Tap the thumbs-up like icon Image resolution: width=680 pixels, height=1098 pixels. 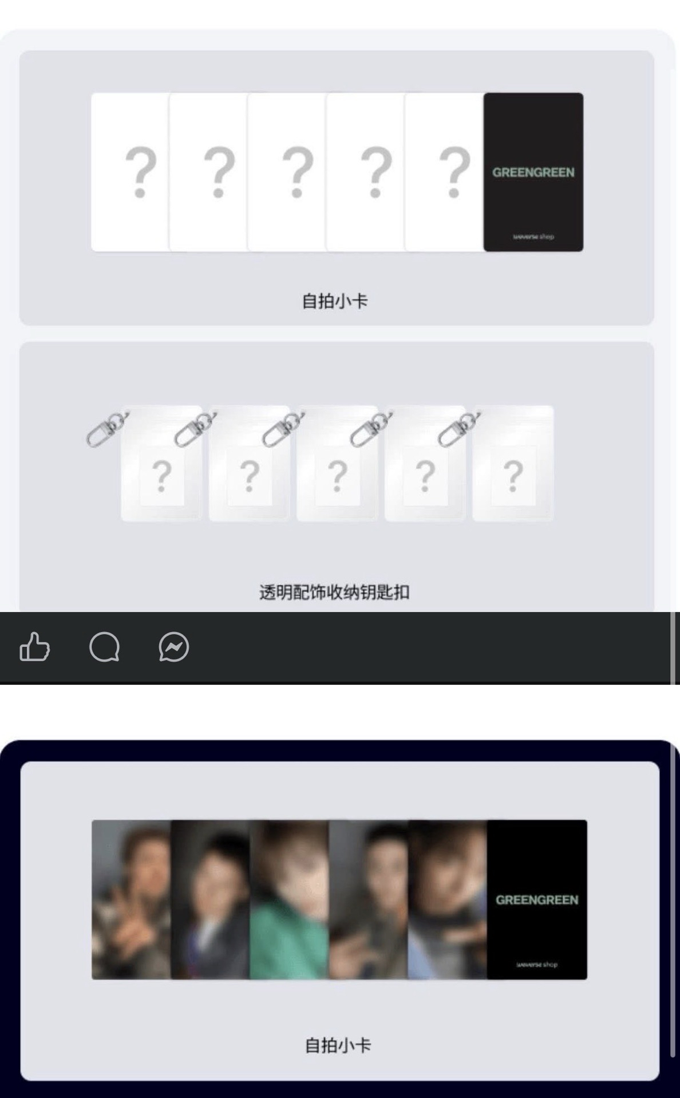(x=35, y=647)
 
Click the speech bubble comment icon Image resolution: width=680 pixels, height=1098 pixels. (x=104, y=647)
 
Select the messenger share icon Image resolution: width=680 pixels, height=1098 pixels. (x=173, y=647)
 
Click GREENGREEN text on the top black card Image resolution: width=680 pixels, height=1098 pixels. (x=533, y=172)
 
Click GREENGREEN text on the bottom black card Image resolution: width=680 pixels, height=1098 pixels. (x=537, y=900)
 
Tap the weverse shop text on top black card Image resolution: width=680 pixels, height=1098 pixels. (x=533, y=236)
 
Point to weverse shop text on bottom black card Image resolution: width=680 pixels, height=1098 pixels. (x=537, y=964)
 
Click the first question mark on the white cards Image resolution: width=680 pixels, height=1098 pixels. (x=141, y=172)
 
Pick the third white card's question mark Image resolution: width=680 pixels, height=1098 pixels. (x=298, y=172)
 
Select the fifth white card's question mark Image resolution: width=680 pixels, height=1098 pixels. (x=454, y=172)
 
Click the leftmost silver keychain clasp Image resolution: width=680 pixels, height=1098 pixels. (x=107, y=429)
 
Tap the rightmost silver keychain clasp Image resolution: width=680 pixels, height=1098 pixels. (x=459, y=429)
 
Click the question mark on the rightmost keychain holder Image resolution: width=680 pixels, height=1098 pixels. (x=513, y=476)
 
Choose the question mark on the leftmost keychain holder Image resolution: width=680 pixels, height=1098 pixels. (x=161, y=476)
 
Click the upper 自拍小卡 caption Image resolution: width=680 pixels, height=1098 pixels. (x=335, y=301)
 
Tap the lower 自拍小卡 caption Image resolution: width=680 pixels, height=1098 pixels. (x=338, y=1045)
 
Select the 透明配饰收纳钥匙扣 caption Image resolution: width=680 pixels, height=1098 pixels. (x=335, y=592)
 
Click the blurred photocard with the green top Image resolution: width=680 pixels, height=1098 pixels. (x=289, y=899)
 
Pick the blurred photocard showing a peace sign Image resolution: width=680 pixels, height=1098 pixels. (x=131, y=899)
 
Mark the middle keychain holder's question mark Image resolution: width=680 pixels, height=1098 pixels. (x=337, y=476)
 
